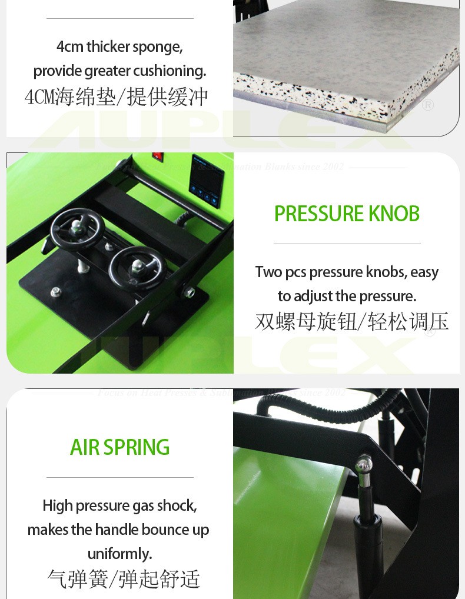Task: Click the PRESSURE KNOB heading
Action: pos(347,214)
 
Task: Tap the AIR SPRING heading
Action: pos(119,448)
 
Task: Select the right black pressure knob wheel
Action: pos(135,268)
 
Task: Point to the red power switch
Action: pos(157,157)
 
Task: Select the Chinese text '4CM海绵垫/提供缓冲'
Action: pos(116,97)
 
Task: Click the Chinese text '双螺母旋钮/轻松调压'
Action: pos(351,321)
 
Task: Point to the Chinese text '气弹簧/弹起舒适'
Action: pos(124,578)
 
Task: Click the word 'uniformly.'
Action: pos(119,554)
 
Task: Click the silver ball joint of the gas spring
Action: pos(363,464)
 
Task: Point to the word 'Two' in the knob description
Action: pos(268,272)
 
